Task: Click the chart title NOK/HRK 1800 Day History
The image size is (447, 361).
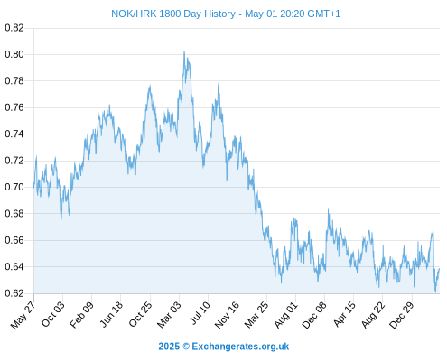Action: (173, 14)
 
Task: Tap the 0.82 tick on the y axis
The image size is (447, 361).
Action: (14, 28)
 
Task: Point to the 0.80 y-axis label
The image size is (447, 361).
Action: (14, 54)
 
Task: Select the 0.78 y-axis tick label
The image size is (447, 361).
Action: (14, 81)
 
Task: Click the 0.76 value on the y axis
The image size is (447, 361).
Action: (14, 107)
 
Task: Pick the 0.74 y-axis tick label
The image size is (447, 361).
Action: (14, 134)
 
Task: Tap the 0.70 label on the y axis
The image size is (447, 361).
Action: (14, 187)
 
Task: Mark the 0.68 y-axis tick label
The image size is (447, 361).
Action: (14, 214)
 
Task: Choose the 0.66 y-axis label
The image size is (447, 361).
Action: (14, 240)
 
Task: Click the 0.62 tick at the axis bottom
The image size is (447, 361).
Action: (14, 293)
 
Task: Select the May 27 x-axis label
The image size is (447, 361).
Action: (23, 315)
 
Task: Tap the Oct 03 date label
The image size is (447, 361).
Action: (53, 314)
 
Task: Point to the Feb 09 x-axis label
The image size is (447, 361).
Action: (81, 315)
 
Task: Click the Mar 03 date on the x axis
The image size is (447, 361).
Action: (169, 315)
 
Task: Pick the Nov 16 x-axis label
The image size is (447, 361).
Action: (227, 315)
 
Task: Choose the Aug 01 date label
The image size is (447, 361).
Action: (285, 315)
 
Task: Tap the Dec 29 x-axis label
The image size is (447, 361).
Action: (402, 315)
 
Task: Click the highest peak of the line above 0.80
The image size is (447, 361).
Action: (184, 52)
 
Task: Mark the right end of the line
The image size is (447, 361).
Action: (440, 268)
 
